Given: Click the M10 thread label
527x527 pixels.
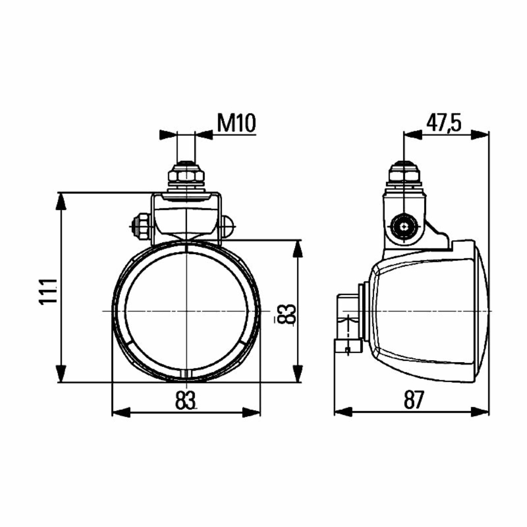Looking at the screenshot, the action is (x=236, y=123).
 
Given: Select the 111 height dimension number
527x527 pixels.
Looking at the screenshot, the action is (x=49, y=291).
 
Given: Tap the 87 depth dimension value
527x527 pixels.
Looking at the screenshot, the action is (x=414, y=399).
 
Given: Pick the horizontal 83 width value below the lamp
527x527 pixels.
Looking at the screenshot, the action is (x=185, y=400).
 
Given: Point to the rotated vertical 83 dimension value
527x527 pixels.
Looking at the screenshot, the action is (x=288, y=314).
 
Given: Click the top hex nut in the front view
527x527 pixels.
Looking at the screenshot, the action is (x=186, y=175).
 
